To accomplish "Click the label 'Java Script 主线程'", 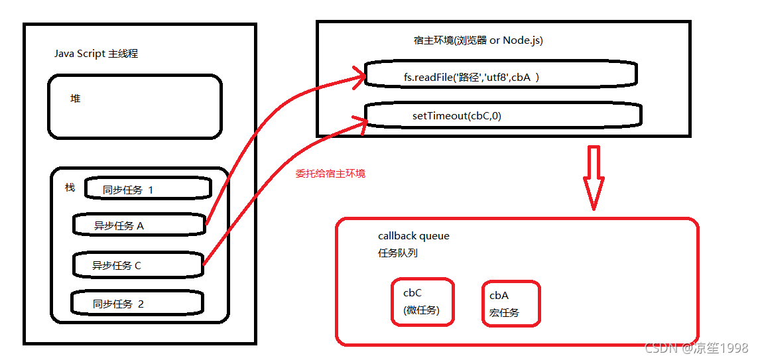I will point(96,54).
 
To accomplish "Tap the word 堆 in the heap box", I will point(76,98).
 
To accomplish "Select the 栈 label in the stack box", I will point(70,187).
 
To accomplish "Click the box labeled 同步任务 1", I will point(147,189).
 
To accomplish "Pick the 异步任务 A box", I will point(139,225).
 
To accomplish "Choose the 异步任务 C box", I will point(137,265).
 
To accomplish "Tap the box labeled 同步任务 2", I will point(137,304).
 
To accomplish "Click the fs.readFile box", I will point(501,75).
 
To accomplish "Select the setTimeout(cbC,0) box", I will point(503,115).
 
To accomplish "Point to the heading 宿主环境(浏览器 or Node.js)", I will point(477,40).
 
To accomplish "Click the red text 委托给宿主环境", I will point(330,174).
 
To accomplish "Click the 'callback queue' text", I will point(414,236).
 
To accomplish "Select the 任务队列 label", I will point(397,253).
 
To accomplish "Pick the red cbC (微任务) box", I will point(422,302).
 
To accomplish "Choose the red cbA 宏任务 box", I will point(511,304).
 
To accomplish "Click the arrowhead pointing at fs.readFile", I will point(358,75).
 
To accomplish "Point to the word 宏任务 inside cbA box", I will point(504,312).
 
